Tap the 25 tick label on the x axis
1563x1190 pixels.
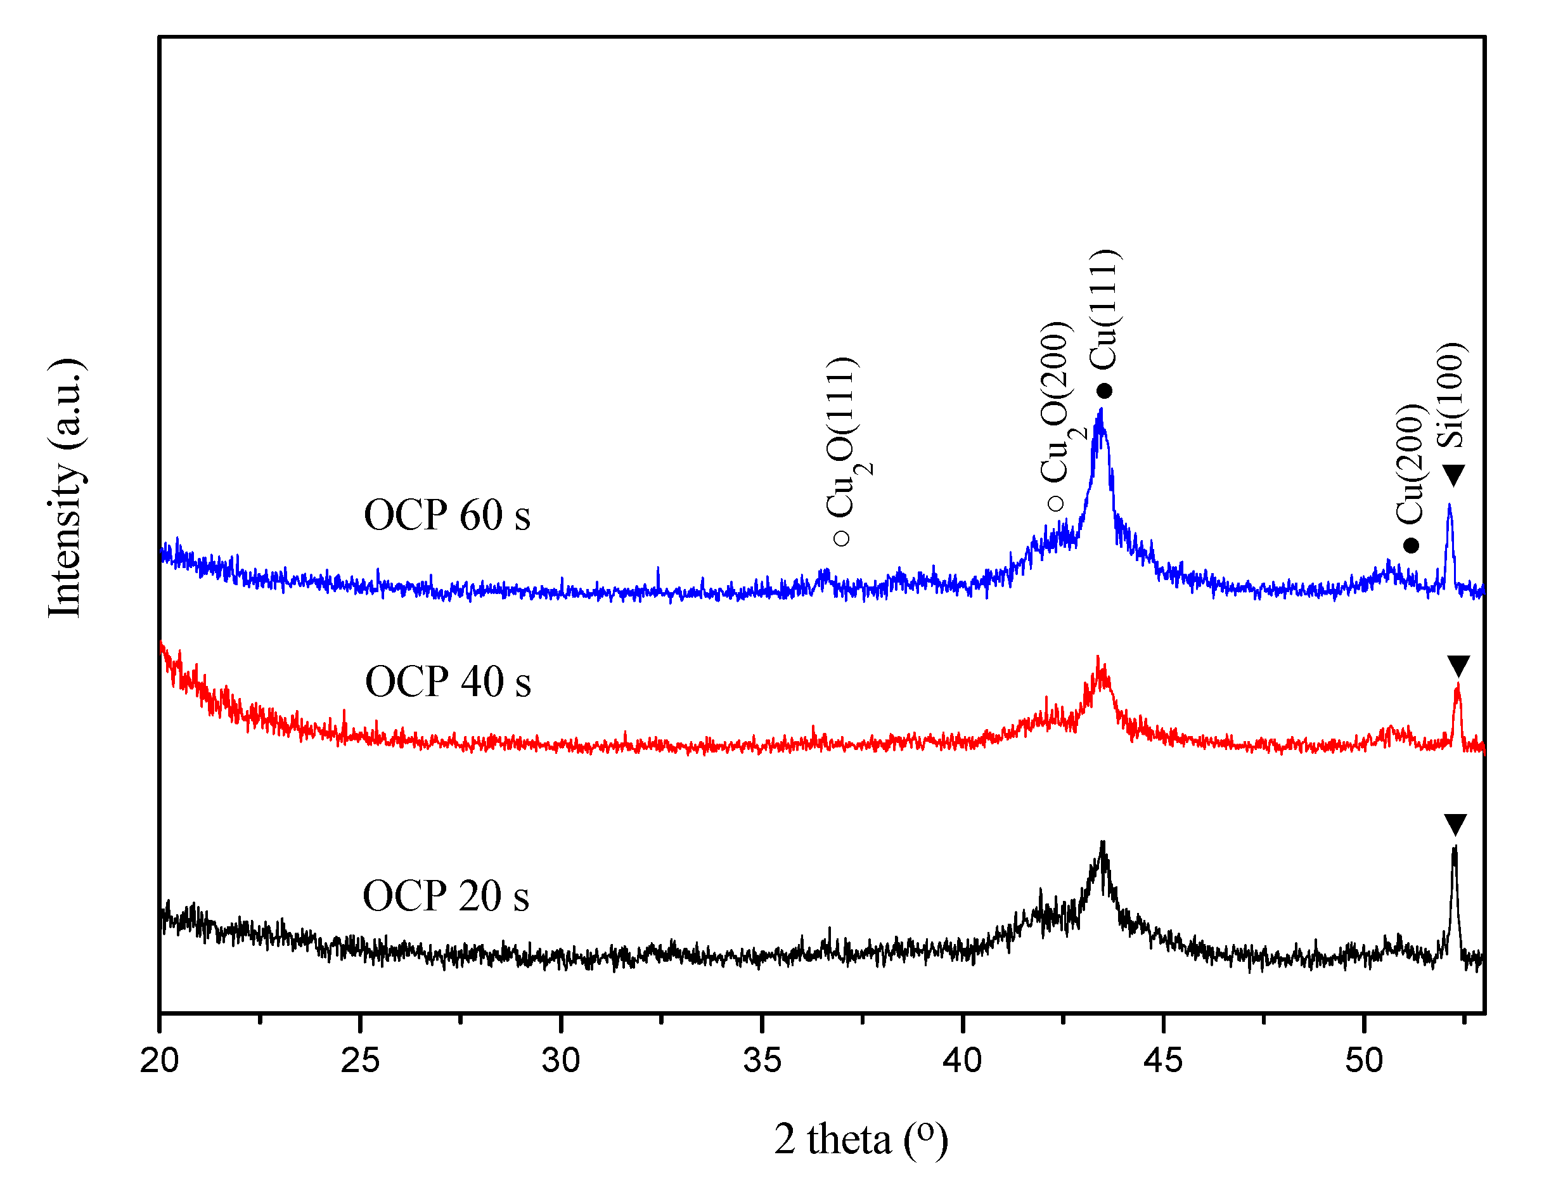pos(360,1061)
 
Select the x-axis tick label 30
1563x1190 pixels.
pos(561,1061)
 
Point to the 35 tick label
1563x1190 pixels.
pos(762,1061)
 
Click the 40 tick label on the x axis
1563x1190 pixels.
pos(962,1061)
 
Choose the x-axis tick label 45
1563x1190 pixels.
pos(1164,1061)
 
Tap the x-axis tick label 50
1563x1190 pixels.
pos(1364,1061)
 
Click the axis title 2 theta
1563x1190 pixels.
pos(861,1139)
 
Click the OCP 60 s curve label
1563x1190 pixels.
pos(447,515)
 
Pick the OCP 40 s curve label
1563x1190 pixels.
pos(447,682)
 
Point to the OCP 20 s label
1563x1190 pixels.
pos(446,896)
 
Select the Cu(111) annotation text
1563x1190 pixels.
pos(1103,309)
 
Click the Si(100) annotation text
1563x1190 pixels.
pos(1450,395)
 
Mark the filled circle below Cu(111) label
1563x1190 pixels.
pos(1104,391)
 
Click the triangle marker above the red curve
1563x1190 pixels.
pos(1458,666)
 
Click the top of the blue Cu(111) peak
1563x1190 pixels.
pos(1100,411)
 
